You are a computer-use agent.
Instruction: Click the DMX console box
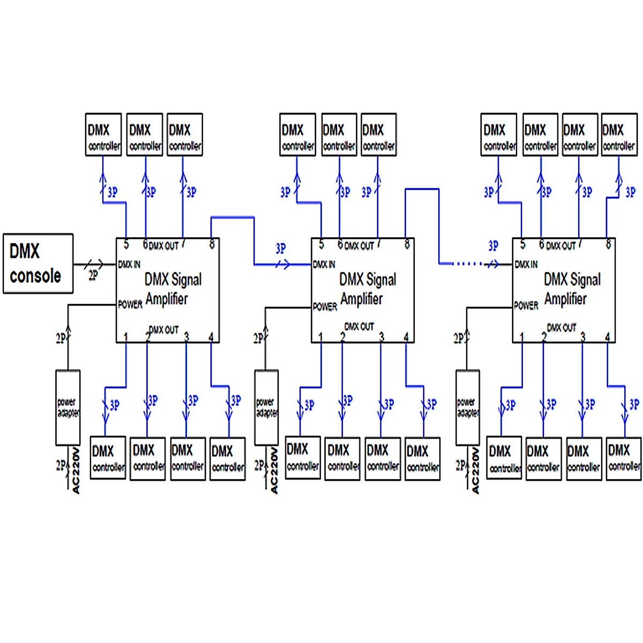(x=38, y=264)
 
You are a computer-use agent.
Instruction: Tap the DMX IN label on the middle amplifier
(x=324, y=264)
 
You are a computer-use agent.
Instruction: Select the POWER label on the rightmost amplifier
(x=526, y=305)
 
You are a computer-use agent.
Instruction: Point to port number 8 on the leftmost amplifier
(x=212, y=244)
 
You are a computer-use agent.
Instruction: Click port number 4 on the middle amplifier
(x=406, y=337)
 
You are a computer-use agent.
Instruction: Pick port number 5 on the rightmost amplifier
(x=522, y=244)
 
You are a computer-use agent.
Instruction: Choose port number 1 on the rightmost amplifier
(x=521, y=337)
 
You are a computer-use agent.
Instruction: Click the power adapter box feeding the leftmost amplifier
(x=68, y=407)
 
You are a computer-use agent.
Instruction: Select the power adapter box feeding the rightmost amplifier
(x=468, y=407)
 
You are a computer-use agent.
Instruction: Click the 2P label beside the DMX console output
(x=93, y=275)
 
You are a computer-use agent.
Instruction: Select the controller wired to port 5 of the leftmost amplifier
(x=103, y=135)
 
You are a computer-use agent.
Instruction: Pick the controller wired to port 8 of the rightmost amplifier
(x=619, y=135)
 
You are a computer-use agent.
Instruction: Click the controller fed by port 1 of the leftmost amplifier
(x=108, y=458)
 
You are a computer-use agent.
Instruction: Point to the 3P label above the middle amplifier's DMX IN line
(x=281, y=249)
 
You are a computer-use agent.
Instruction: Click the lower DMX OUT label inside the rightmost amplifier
(x=561, y=327)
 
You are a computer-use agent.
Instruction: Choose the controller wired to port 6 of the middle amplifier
(x=339, y=135)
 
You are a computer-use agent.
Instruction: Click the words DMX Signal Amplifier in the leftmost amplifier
(x=173, y=289)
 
